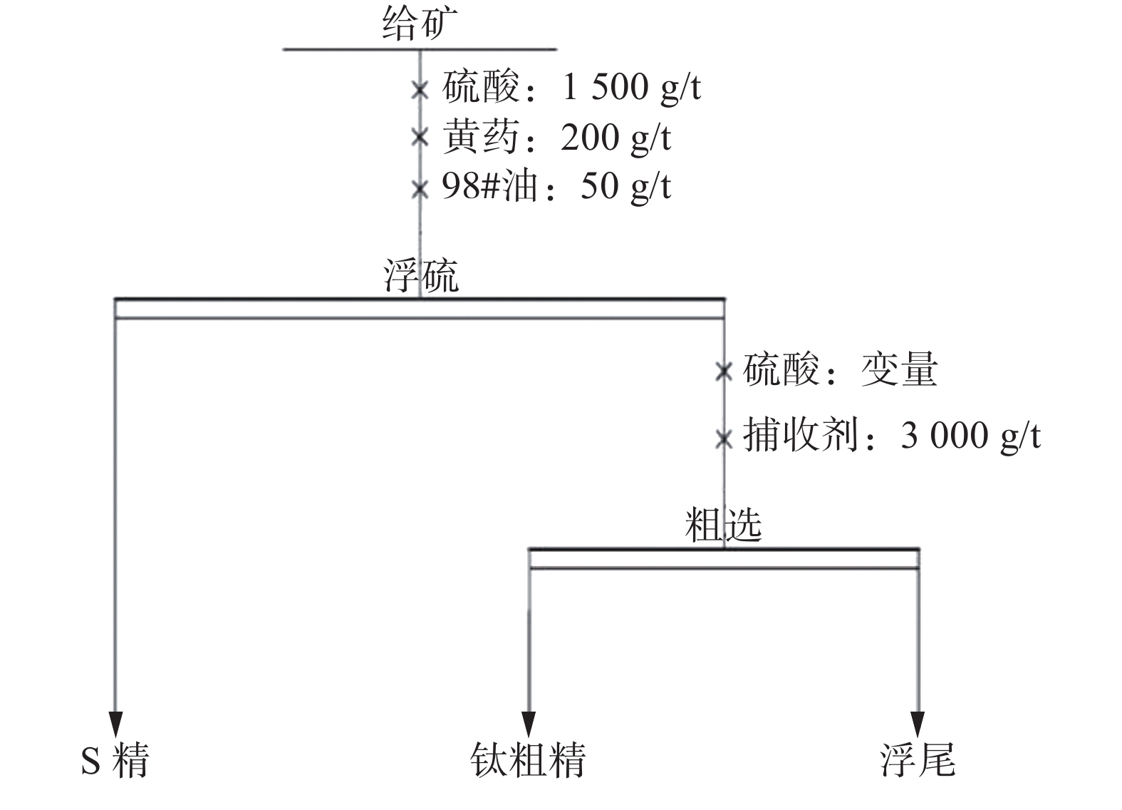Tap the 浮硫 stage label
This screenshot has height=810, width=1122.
[421, 276]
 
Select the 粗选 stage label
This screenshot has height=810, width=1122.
[723, 526]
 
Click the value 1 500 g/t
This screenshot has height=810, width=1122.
[631, 88]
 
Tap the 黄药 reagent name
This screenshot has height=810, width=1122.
[481, 137]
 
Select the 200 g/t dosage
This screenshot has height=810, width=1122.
[615, 138]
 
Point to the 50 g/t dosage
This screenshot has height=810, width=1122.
[625, 187]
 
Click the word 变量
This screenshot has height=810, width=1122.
[899, 370]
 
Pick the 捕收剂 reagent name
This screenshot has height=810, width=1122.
[801, 434]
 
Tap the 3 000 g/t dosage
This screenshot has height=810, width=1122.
[970, 435]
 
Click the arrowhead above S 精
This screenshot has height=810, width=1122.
[115, 722]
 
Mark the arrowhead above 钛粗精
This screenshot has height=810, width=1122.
[528, 722]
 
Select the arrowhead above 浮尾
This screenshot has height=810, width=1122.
[918, 722]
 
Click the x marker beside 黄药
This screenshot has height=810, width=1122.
[420, 137]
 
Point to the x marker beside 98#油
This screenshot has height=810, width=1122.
[420, 190]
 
